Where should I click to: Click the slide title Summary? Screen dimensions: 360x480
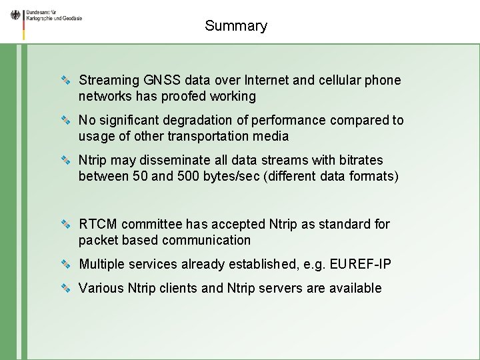click(236, 26)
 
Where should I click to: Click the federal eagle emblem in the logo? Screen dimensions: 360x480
click(15, 15)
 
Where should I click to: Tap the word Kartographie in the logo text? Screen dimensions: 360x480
click(39, 19)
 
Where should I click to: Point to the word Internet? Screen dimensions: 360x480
click(267, 81)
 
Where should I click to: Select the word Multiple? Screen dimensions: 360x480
click(102, 265)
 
